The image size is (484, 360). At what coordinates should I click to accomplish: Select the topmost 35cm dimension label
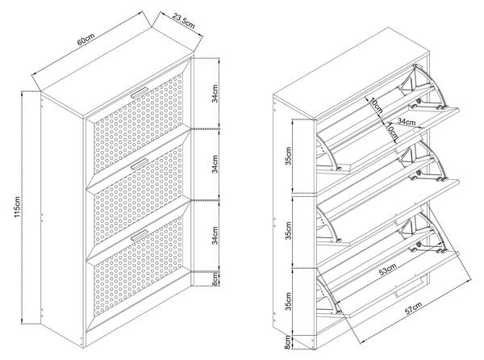[298, 155]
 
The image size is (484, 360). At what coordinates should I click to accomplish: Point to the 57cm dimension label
[411, 309]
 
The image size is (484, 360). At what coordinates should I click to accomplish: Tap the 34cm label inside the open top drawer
[407, 123]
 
